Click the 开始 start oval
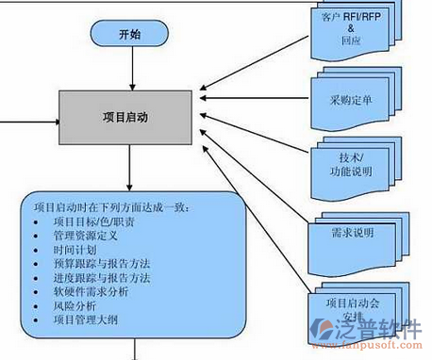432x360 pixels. click(x=130, y=35)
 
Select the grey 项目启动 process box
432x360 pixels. click(x=130, y=118)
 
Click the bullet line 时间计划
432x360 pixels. click(x=75, y=252)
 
